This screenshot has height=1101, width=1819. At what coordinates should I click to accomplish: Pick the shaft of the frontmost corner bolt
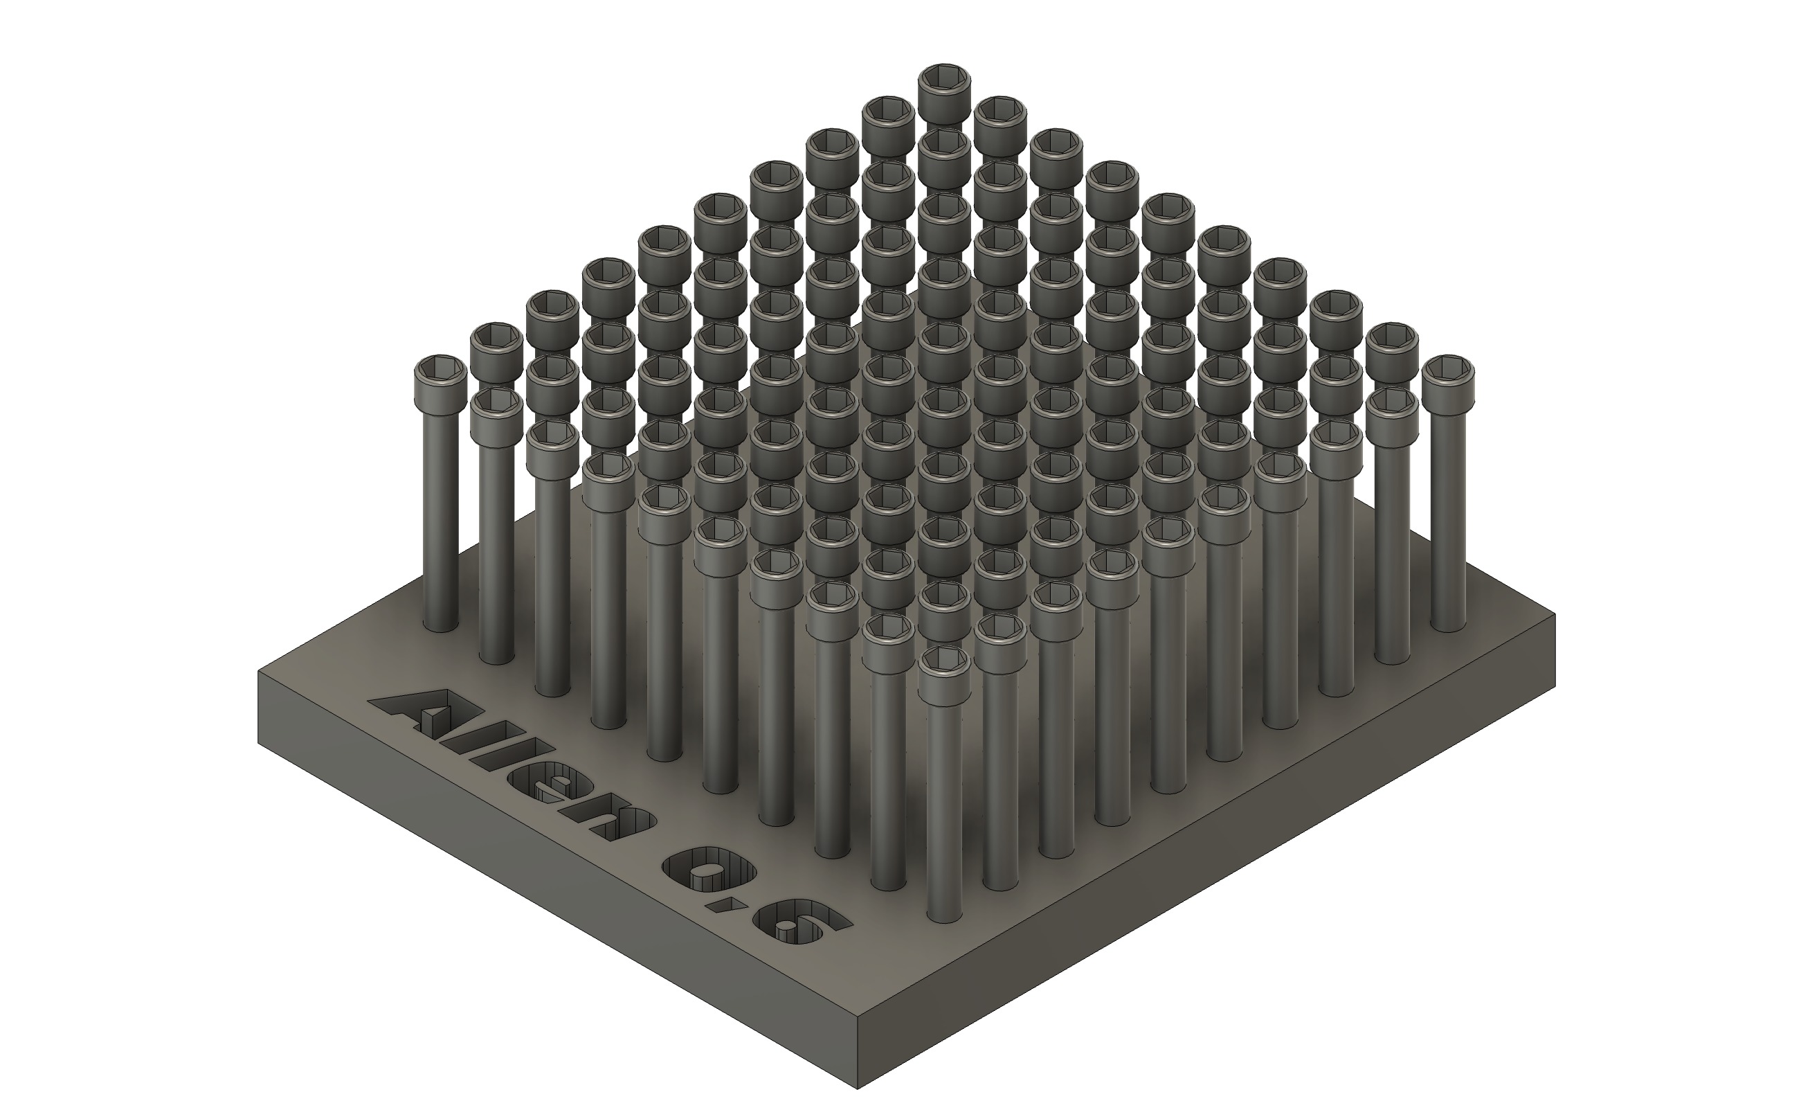point(945,812)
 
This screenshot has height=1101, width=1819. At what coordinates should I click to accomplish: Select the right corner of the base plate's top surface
point(1554,614)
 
